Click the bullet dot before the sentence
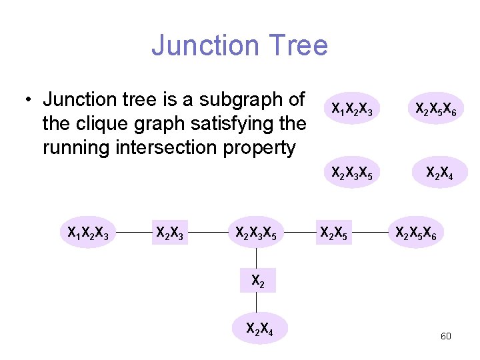tap(27, 101)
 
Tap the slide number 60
tap(445, 336)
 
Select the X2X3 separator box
tap(170, 233)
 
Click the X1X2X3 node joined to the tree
tap(89, 233)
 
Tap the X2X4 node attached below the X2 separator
tap(257, 328)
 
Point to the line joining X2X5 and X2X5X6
tap(371, 233)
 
